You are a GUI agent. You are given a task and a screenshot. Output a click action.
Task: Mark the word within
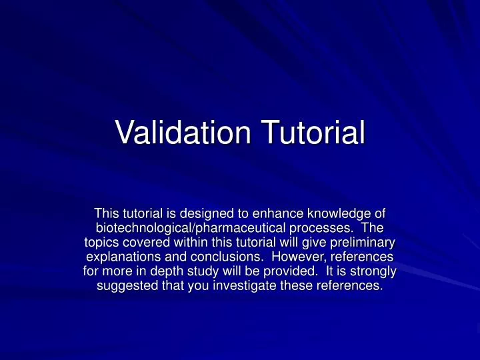[x=189, y=243]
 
